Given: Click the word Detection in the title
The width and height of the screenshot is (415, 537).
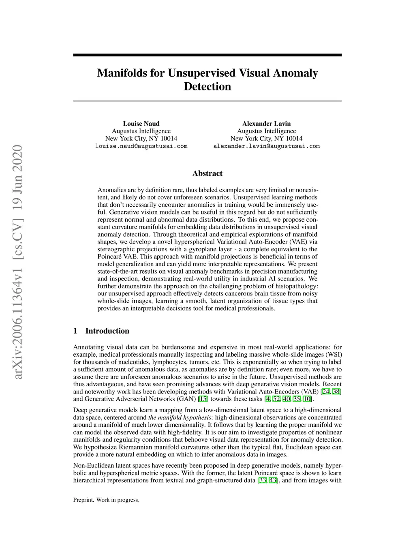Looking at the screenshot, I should pos(207,87).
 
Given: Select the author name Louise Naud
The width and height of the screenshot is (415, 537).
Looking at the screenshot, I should pos(141,124).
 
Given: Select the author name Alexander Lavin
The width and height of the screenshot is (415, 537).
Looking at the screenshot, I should pos(266,124).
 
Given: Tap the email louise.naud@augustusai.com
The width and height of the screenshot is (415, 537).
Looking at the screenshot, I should pos(141,146).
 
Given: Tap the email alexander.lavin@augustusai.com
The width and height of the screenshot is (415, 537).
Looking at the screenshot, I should pos(266,146).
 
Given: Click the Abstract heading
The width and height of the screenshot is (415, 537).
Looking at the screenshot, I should pos(207,173).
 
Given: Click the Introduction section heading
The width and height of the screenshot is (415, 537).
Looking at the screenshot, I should pos(107,331).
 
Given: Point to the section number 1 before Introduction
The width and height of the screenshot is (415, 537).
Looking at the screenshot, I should pos(75,331).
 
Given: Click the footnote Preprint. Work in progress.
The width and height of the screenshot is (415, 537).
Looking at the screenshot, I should pos(106,500).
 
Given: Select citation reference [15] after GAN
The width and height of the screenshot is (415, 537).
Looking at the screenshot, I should pos(203,399).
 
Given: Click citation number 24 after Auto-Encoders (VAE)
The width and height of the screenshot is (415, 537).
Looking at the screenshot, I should pos(325,392).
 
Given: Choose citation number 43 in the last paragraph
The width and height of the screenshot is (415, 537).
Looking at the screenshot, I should pos(273,481).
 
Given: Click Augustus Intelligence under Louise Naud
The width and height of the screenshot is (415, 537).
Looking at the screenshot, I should pos(141,131).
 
